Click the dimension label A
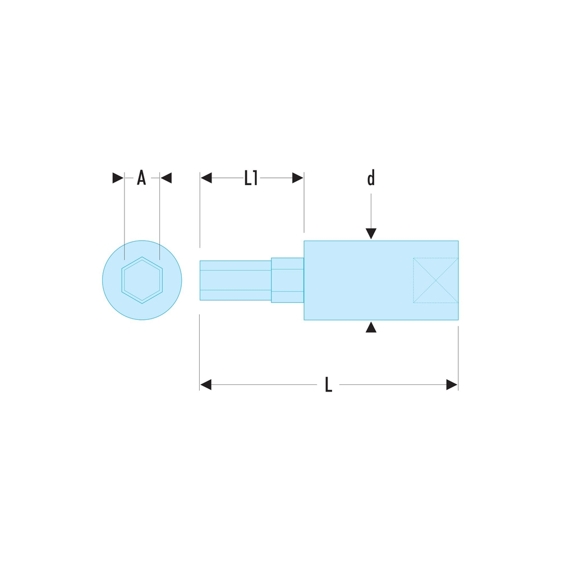pos(141,178)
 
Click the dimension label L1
pos(251,178)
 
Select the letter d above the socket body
pos(371,177)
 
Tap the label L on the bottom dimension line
pos(328,385)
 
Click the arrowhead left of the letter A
pos(118,178)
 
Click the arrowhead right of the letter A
pos(166,178)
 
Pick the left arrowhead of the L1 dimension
pos(206,178)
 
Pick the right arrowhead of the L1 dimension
pos(298,178)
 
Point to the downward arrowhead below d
pos(371,233)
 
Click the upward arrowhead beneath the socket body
pos(371,327)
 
